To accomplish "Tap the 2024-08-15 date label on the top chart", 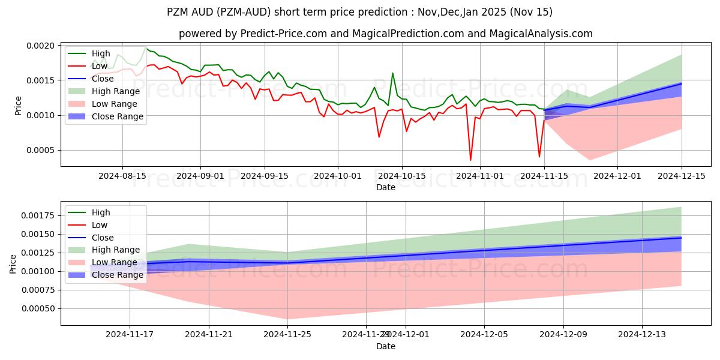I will pos(122,176).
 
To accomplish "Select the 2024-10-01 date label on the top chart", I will pos(338,176).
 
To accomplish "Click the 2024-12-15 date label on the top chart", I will pos(682,176).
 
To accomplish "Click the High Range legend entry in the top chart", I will pos(115,91).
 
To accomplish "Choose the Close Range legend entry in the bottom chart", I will pos(117,275).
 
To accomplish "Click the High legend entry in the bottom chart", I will pos(101,212).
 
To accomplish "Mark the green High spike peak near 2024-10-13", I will pos(393,73).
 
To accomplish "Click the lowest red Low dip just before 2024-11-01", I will pos(470,160).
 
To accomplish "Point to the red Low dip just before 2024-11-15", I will pos(539,157).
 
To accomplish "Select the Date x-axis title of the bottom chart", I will pos(385,346).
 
